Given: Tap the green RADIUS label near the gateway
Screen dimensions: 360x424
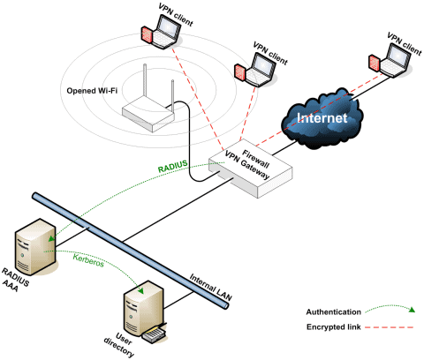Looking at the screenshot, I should [172, 165].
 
